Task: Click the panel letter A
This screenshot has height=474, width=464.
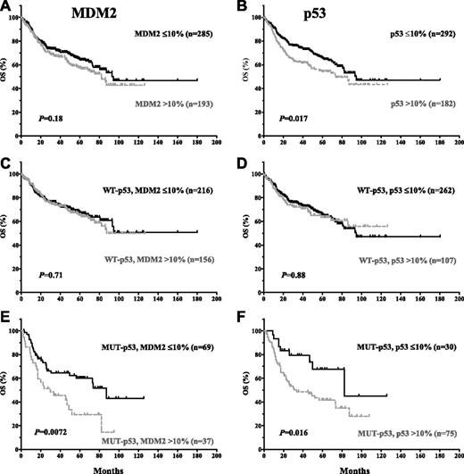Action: tap(8, 8)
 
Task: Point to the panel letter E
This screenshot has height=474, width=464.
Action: tap(8, 319)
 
